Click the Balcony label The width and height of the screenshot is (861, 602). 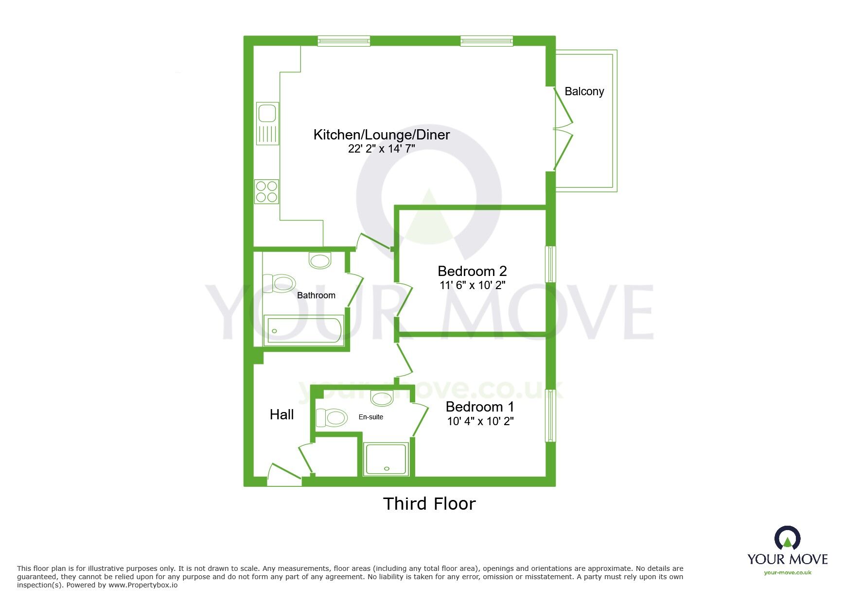(x=584, y=91)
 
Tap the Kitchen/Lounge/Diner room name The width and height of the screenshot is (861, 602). (x=381, y=135)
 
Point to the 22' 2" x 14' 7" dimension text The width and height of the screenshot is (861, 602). (x=381, y=149)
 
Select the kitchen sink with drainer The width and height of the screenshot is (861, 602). (x=267, y=123)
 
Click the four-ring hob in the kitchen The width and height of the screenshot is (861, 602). (x=267, y=191)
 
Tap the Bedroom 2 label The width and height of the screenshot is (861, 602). (x=472, y=271)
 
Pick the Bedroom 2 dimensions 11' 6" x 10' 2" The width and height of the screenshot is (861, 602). (x=472, y=285)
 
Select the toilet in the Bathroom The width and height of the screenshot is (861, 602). (x=280, y=283)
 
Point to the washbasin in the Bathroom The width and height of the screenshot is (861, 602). (x=320, y=260)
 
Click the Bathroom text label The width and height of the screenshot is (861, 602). (x=316, y=295)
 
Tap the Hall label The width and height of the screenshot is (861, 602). (x=281, y=414)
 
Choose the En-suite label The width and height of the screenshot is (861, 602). (x=371, y=417)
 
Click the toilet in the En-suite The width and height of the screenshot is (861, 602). (x=332, y=417)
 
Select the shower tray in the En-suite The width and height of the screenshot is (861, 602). (x=387, y=459)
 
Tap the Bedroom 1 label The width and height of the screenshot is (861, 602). (x=479, y=407)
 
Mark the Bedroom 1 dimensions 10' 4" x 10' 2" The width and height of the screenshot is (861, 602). (x=480, y=421)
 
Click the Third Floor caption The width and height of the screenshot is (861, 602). (x=429, y=504)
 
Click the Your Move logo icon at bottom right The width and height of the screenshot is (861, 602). (x=787, y=539)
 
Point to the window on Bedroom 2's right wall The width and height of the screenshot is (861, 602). (x=550, y=264)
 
